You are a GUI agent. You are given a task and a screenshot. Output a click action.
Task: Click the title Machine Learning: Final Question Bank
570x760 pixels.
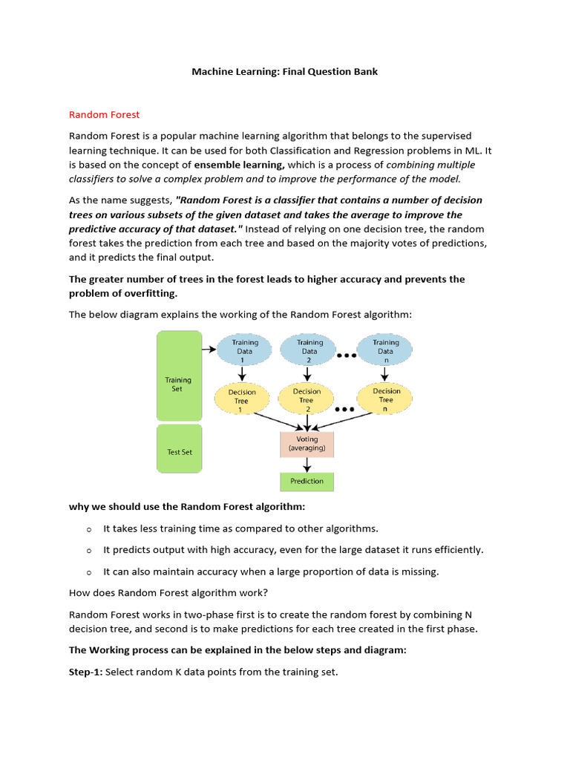coord(286,72)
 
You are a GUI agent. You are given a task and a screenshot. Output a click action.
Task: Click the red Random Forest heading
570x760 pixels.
coord(104,114)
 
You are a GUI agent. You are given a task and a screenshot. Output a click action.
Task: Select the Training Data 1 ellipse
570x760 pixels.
coord(244,350)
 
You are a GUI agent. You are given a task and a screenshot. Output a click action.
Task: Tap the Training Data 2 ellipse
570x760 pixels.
coord(309,350)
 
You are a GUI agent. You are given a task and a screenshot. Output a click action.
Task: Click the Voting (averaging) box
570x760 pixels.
coord(307,444)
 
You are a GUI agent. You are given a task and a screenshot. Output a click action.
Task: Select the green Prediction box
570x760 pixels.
coord(307,481)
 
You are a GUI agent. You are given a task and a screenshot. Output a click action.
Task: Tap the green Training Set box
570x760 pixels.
coord(179,376)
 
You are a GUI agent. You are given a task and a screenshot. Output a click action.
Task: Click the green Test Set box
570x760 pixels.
coord(179,449)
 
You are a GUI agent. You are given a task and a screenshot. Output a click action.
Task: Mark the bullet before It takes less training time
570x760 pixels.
coord(88,529)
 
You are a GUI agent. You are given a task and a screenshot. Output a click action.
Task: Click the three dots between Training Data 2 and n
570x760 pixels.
coord(347,356)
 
